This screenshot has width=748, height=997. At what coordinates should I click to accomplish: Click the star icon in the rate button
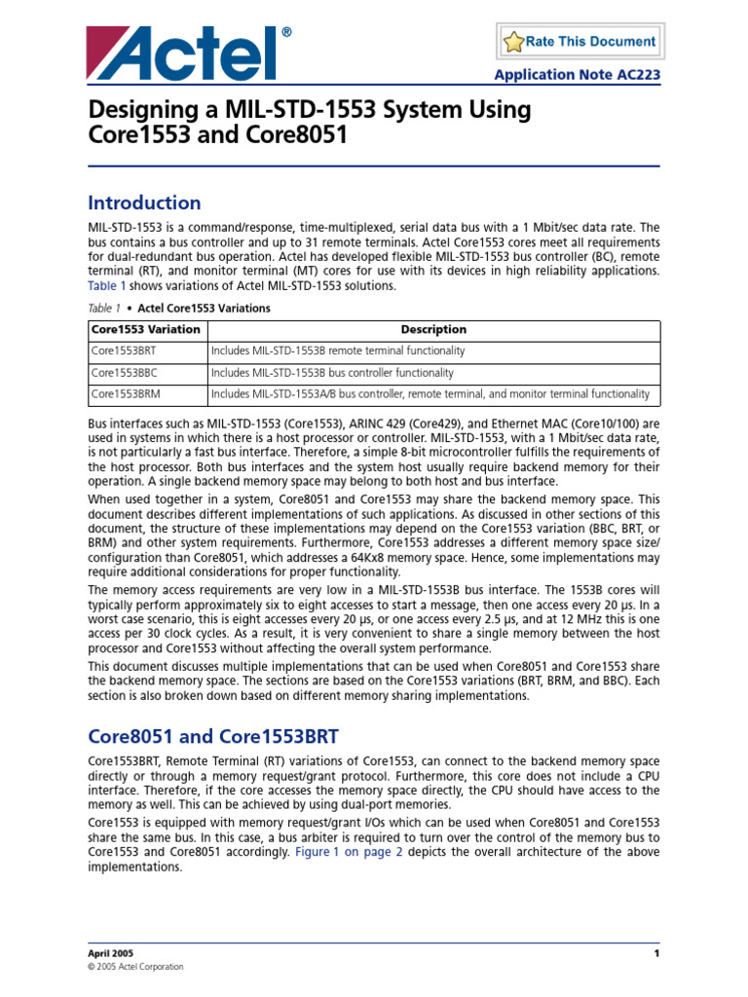coord(513,42)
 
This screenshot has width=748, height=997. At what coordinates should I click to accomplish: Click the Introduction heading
coord(144,203)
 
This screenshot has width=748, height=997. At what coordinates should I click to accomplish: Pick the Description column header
coord(433,329)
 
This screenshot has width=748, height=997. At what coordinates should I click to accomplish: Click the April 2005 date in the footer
coord(110,952)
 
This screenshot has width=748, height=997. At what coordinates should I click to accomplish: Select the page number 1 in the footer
coord(657,952)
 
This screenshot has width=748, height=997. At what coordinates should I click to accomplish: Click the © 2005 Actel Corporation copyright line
coord(135,967)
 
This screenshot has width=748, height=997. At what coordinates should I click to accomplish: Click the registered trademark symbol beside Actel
coord(286,33)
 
